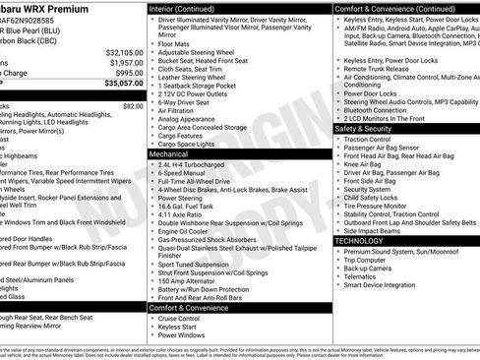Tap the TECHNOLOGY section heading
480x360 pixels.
coord(360,240)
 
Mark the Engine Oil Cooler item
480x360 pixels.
coord(186,230)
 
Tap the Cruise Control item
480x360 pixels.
coord(181,319)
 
